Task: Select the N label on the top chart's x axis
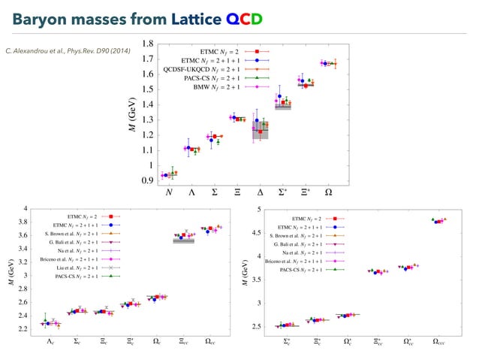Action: [168, 192]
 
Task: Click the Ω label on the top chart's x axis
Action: [328, 192]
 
